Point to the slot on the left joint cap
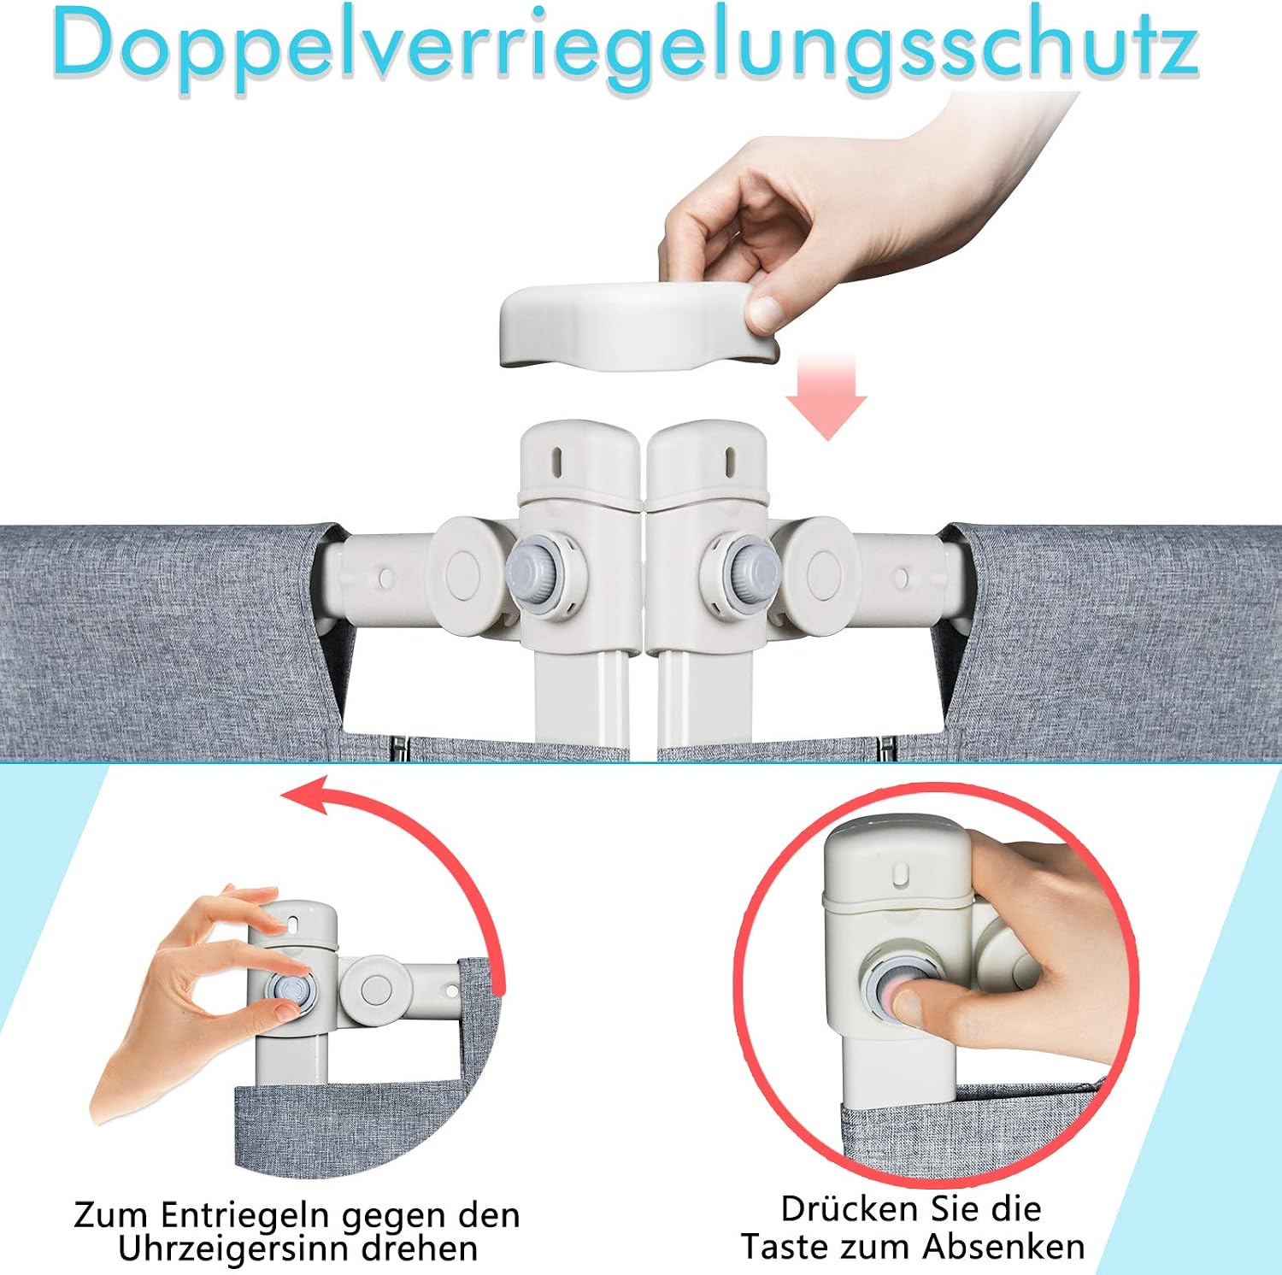(x=557, y=462)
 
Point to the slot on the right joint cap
(x=730, y=462)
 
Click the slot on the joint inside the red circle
(x=899, y=873)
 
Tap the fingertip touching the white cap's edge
(x=766, y=311)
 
